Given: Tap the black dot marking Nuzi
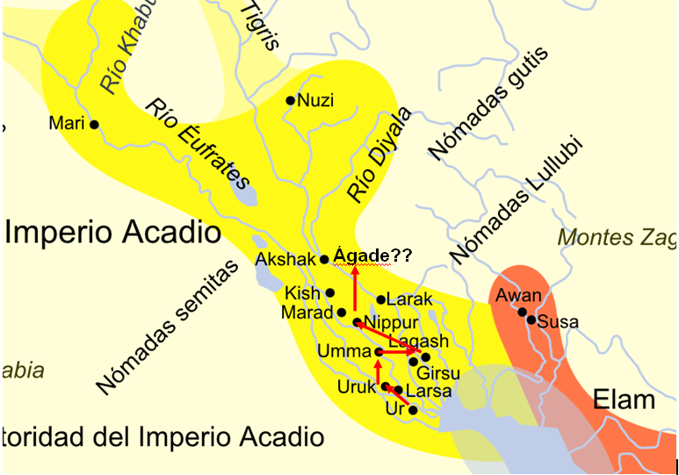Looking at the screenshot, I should click(291, 100).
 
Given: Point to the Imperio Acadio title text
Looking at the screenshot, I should click(112, 233).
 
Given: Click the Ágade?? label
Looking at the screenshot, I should click(373, 255).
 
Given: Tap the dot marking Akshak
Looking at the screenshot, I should click(324, 259).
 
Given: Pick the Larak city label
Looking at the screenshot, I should click(409, 300).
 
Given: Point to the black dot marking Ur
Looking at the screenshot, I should click(413, 410).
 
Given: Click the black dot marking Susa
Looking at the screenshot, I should click(531, 320).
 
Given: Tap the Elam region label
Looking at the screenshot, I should click(625, 400).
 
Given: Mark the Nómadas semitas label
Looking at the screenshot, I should click(167, 327).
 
